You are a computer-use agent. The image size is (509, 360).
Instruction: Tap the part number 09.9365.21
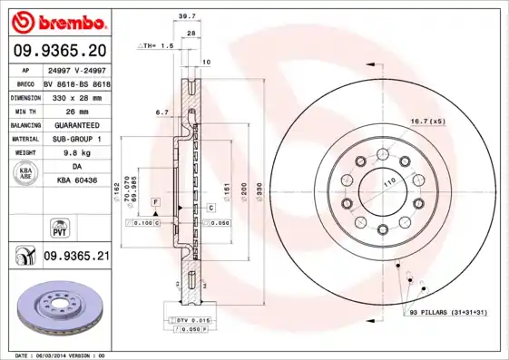coord(76,257)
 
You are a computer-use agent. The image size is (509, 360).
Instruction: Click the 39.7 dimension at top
coord(187,16)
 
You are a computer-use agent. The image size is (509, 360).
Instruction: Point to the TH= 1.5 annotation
coord(155,44)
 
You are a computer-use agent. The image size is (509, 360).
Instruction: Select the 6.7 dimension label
coord(163,112)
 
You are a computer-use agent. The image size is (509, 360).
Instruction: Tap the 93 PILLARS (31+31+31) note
coord(445,312)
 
